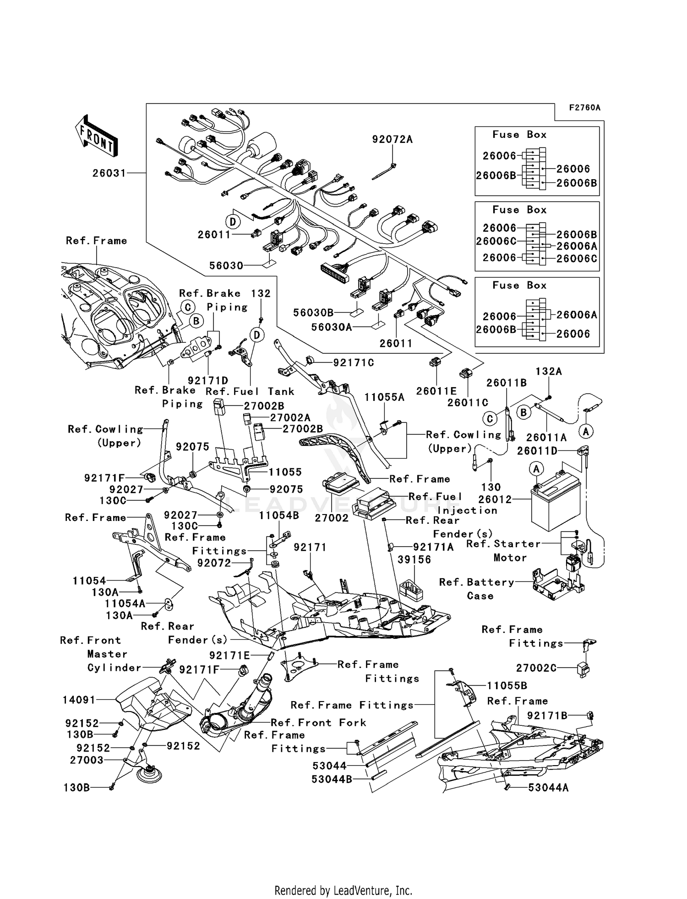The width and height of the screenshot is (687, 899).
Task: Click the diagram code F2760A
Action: (x=584, y=108)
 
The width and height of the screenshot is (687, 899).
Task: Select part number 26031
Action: (x=109, y=173)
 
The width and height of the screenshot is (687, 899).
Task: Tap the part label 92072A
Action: (x=393, y=139)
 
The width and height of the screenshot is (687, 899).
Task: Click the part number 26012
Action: (x=495, y=499)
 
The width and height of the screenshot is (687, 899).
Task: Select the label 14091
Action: (x=79, y=700)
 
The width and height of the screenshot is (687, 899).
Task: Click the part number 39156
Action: (x=414, y=559)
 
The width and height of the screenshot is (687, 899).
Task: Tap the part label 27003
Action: (x=87, y=760)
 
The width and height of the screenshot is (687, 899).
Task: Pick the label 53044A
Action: (x=548, y=787)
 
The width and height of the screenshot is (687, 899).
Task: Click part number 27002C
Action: (x=536, y=668)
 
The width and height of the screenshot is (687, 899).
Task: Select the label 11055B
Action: (x=507, y=685)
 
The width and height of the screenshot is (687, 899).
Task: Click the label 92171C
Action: (x=353, y=362)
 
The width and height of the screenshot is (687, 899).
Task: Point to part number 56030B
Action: (x=313, y=312)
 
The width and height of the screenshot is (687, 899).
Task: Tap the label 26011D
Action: (x=537, y=451)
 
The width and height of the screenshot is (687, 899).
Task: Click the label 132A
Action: (x=548, y=371)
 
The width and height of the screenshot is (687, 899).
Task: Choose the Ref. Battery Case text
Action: (x=476, y=589)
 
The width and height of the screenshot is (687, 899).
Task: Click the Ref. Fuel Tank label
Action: (x=250, y=391)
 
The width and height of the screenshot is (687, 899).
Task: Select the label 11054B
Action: (x=278, y=515)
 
